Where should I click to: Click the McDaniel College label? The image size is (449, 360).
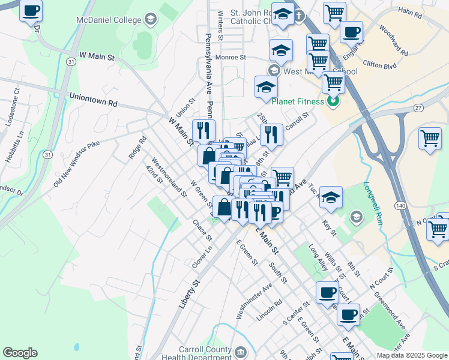[109, 20]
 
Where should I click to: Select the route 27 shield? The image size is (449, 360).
[419, 107]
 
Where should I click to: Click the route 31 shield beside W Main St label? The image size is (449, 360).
[71, 62]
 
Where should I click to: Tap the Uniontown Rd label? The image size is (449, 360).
[93, 99]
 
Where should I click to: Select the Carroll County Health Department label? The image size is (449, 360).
[205, 353]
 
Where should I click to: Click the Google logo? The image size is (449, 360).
[20, 353]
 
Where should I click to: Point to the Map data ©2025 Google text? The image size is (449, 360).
[411, 355]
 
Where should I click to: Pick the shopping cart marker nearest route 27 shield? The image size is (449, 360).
[430, 138]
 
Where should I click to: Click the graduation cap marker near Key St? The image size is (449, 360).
[331, 198]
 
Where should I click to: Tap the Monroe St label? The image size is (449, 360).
[231, 58]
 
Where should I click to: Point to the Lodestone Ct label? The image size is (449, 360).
[13, 107]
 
